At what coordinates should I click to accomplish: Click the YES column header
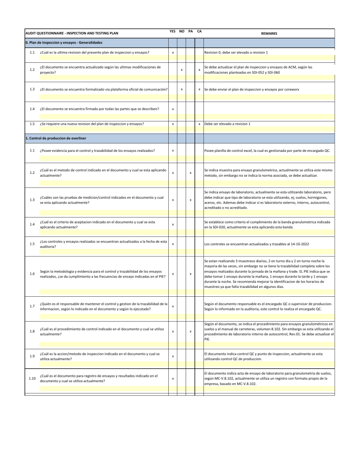click(x=172, y=31)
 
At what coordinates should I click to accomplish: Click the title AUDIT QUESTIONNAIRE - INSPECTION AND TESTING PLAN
click(x=72, y=34)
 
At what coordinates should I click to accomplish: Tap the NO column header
click(x=182, y=31)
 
